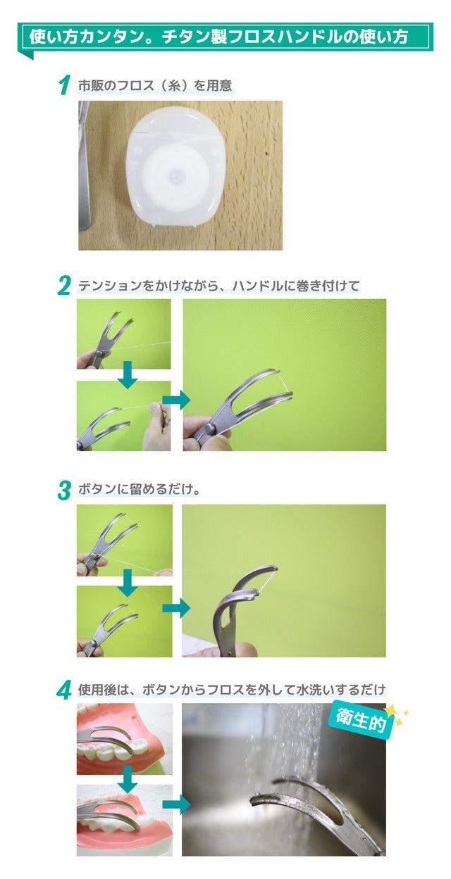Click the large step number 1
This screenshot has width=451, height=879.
[64, 86]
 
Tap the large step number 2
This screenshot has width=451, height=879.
[64, 286]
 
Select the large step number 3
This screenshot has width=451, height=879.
[64, 491]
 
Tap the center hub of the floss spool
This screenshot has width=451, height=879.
[175, 176]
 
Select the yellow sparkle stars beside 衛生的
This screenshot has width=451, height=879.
[397, 715]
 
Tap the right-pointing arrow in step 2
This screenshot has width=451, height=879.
[176, 400]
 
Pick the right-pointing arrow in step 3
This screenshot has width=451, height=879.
[176, 608]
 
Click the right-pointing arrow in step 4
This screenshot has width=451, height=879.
[176, 805]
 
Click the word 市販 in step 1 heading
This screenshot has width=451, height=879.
[91, 86]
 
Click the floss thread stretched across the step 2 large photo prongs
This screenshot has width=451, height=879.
[285, 382]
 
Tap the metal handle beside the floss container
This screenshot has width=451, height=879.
[85, 165]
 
